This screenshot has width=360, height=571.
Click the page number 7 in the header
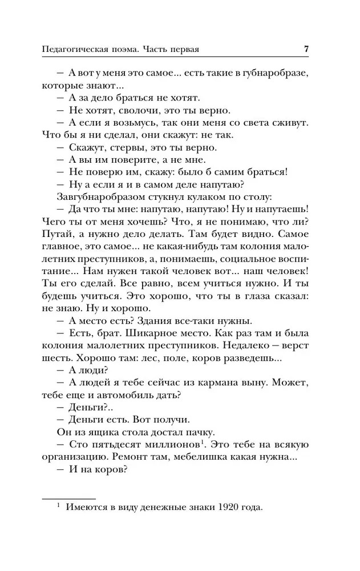[306, 49]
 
